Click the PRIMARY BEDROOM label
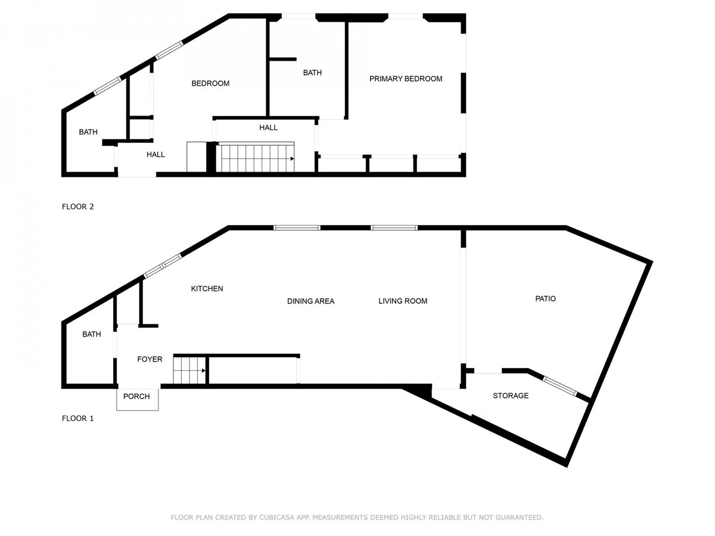[406, 79]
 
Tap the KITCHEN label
[207, 289]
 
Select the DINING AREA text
[311, 301]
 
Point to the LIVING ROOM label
[403, 301]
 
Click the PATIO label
[545, 299]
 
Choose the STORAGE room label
[511, 395]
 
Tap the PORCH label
[136, 397]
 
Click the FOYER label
[150, 359]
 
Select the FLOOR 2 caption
[78, 207]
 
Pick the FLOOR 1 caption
[77, 418]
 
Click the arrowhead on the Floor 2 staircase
[292, 159]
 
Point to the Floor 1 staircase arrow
[189, 370]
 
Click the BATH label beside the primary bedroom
[312, 73]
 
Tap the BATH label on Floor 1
[92, 334]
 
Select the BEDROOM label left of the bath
[210, 83]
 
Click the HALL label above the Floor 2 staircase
[268, 127]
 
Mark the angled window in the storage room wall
[559, 386]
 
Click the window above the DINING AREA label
[297, 228]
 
